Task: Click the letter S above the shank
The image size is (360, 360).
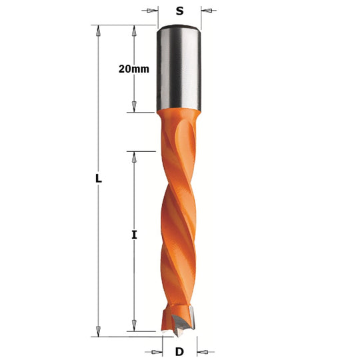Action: tap(180, 11)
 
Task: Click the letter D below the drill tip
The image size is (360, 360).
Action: tap(179, 351)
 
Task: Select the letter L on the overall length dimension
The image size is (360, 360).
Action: tap(99, 179)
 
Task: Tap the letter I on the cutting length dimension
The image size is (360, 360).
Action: tap(134, 235)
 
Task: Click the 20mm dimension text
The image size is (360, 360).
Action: tap(134, 69)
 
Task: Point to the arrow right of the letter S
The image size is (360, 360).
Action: tap(209, 11)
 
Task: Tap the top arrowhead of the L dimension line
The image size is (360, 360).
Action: tap(98, 31)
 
